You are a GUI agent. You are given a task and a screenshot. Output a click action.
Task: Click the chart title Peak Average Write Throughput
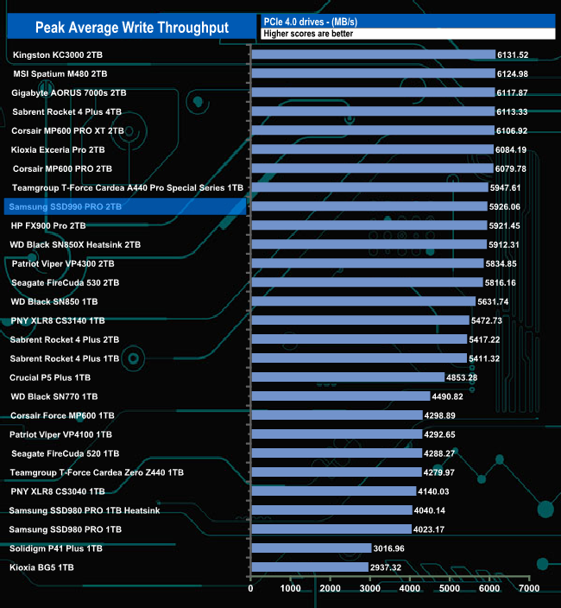[131, 28]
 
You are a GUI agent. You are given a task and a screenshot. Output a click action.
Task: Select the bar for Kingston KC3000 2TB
[373, 54]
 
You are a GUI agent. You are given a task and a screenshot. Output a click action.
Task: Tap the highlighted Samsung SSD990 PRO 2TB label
[65, 206]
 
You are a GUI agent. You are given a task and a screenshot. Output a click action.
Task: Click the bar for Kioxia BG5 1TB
[309, 567]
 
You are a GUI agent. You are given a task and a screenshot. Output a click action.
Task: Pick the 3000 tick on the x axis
[369, 590]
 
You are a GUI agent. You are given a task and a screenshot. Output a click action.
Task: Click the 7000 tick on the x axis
[528, 590]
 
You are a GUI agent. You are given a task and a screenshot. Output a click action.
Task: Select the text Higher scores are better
[309, 34]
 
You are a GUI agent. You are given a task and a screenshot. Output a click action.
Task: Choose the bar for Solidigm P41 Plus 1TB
[311, 548]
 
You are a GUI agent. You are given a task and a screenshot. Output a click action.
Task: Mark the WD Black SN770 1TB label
[54, 396]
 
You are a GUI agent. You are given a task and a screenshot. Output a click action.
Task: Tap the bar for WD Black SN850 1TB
[362, 301]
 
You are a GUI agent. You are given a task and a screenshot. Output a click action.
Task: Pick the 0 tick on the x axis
[251, 590]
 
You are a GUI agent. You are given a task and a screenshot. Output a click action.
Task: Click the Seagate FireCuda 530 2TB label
[66, 282]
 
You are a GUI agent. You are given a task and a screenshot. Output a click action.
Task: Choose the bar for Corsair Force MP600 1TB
[336, 415]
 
